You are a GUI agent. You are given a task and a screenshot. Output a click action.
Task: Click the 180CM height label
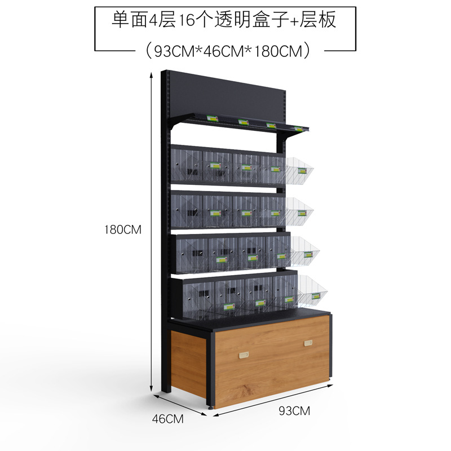point(122,230)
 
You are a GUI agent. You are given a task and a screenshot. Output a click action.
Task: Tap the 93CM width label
point(294,410)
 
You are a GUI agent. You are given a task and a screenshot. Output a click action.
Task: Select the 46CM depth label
point(169,418)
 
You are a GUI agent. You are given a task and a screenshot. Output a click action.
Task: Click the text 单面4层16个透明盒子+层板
point(224,20)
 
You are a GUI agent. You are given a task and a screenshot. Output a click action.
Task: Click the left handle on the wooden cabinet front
point(244,355)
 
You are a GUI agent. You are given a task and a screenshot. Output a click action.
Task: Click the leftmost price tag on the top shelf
point(212,118)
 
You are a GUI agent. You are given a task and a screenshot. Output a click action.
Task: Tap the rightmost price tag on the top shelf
point(298,129)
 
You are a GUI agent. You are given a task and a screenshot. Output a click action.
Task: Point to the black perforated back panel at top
point(225,96)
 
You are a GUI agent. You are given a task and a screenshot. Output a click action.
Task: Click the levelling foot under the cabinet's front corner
point(212,406)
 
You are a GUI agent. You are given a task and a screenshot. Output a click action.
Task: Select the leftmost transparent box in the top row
point(187,163)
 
